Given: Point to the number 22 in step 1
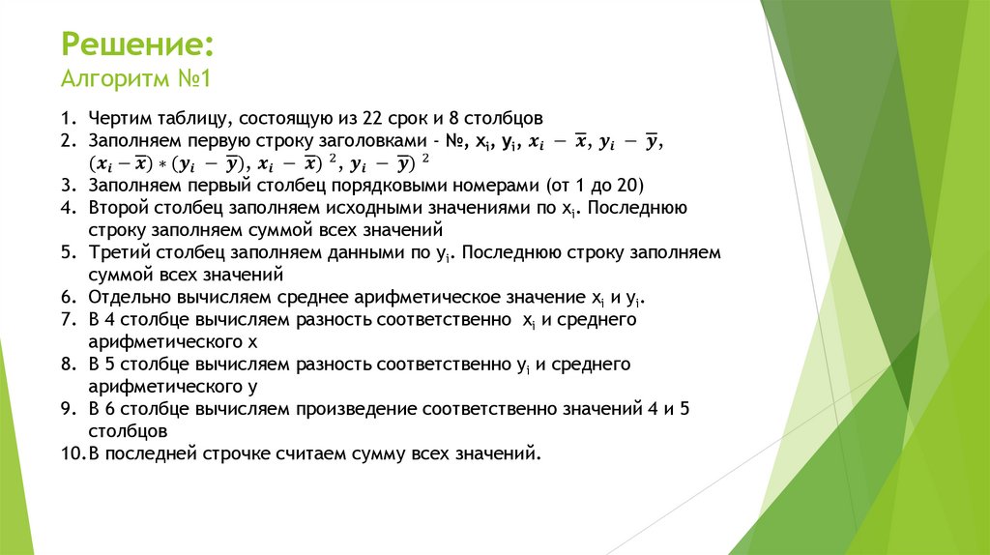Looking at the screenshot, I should pyautogui.click(x=373, y=119).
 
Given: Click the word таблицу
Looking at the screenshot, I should pyautogui.click(x=188, y=119).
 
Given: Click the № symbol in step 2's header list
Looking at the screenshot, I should pyautogui.click(x=448, y=141).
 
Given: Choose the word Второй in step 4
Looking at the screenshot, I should pyautogui.click(x=116, y=208).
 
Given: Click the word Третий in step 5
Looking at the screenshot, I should pyautogui.click(x=117, y=252).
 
